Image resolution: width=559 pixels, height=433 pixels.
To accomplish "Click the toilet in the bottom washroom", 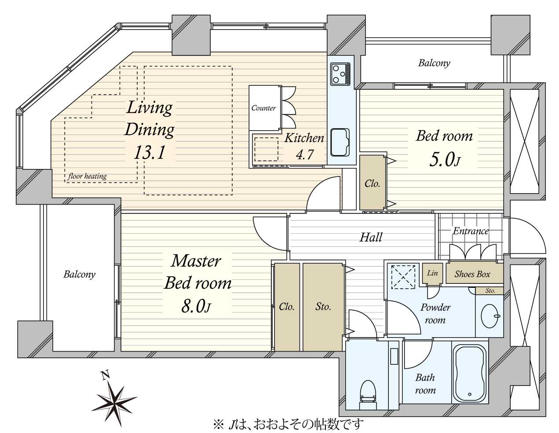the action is click(x=368, y=398).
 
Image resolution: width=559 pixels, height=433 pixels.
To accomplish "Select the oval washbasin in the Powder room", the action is click(x=490, y=316).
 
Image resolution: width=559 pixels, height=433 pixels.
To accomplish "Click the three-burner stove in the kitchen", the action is click(x=340, y=74).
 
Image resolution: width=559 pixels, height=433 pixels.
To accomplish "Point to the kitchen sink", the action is click(x=340, y=142).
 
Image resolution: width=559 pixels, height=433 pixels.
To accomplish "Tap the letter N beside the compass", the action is click(x=105, y=375).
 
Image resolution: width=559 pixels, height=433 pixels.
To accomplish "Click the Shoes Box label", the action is click(x=472, y=274).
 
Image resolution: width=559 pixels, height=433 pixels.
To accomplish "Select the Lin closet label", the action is click(x=432, y=273).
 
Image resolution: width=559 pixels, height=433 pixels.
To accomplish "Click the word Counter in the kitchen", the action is click(x=263, y=108).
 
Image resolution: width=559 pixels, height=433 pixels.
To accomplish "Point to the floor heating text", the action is click(x=88, y=176).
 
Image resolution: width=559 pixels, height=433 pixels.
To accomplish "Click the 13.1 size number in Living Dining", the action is click(x=149, y=152).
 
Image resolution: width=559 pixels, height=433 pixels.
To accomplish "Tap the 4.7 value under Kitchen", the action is click(x=305, y=154).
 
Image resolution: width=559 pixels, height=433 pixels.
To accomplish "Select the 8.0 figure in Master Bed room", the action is click(x=196, y=306).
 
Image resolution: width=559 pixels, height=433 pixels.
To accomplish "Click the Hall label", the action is click(x=371, y=237).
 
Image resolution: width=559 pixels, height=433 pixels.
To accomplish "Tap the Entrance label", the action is click(x=471, y=231).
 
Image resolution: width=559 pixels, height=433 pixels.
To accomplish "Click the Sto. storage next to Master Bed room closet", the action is click(x=323, y=307).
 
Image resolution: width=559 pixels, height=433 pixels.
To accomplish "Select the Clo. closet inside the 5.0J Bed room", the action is click(x=373, y=183).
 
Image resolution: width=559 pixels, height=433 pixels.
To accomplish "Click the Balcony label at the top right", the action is click(x=434, y=63).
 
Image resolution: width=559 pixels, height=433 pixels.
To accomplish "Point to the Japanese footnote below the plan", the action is click(x=288, y=425).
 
